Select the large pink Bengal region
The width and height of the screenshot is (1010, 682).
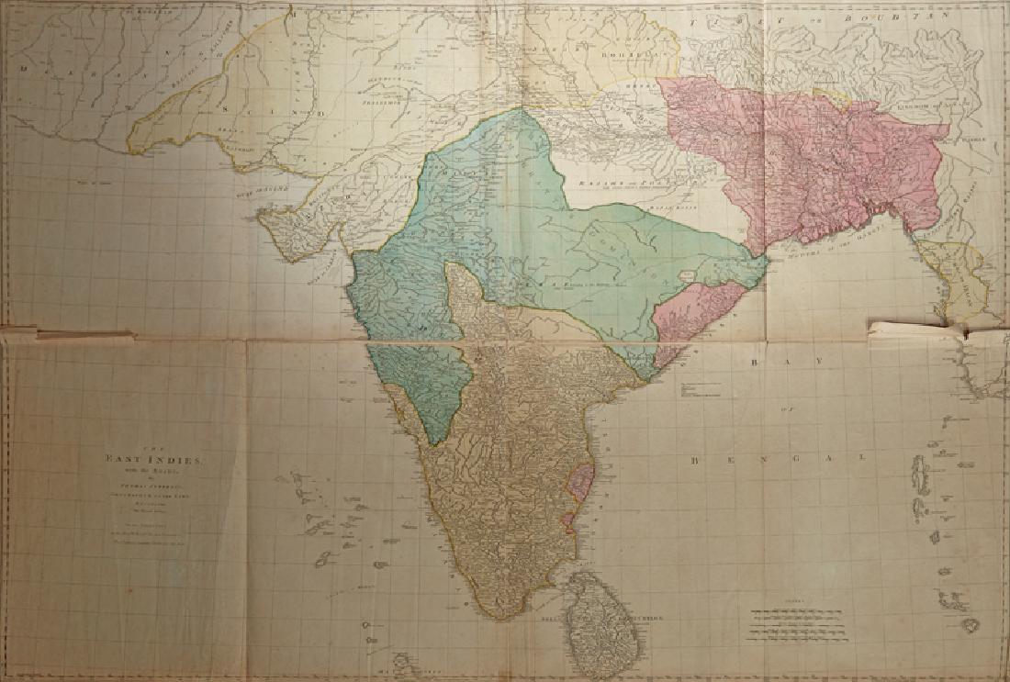808,165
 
